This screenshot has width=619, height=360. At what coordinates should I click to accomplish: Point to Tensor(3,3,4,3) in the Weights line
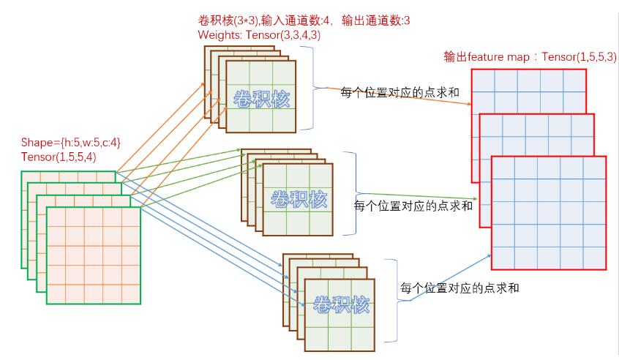[288, 34]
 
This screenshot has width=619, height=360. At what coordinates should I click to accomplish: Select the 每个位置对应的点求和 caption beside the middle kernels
[413, 206]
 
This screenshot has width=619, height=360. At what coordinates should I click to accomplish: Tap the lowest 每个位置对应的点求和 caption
[460, 288]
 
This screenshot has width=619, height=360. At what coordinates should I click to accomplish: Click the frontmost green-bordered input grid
[94, 255]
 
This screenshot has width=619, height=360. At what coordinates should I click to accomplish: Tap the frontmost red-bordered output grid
[549, 212]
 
